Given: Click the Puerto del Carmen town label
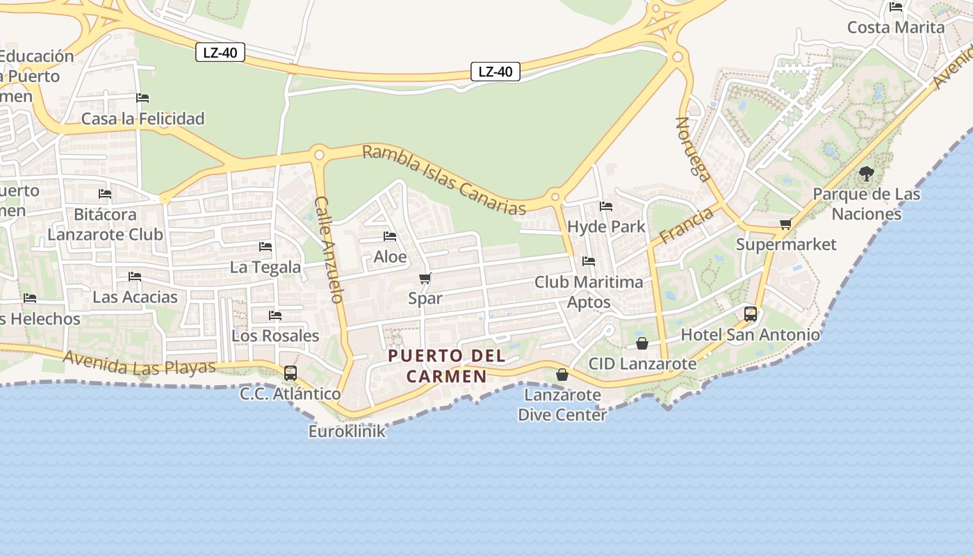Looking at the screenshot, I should tap(446, 366).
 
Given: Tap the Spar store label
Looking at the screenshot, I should tap(425, 298).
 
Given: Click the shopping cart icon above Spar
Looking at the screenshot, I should tap(425, 279).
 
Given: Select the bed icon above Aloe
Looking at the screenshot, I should tap(390, 236).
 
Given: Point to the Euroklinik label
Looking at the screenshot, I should tap(347, 432).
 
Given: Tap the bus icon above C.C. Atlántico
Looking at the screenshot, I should tap(291, 373).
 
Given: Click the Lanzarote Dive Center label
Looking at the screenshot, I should tap(562, 404).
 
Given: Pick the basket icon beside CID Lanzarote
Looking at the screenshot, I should tap(642, 343).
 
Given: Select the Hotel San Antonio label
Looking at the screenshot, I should tap(750, 335).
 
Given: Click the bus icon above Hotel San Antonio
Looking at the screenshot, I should tap(751, 313).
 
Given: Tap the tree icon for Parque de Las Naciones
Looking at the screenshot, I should tap(866, 173).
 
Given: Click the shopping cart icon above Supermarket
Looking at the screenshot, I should tap(786, 224).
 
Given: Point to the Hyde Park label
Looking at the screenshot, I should tap(606, 227).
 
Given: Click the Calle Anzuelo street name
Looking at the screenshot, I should tap(329, 250).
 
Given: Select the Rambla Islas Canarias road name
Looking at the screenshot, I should tap(444, 179).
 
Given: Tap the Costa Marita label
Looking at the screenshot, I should tap(896, 28).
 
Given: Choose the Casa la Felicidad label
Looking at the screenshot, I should tap(143, 119).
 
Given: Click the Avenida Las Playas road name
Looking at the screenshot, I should tap(140, 363).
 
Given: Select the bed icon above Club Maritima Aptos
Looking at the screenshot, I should tap(589, 261).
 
